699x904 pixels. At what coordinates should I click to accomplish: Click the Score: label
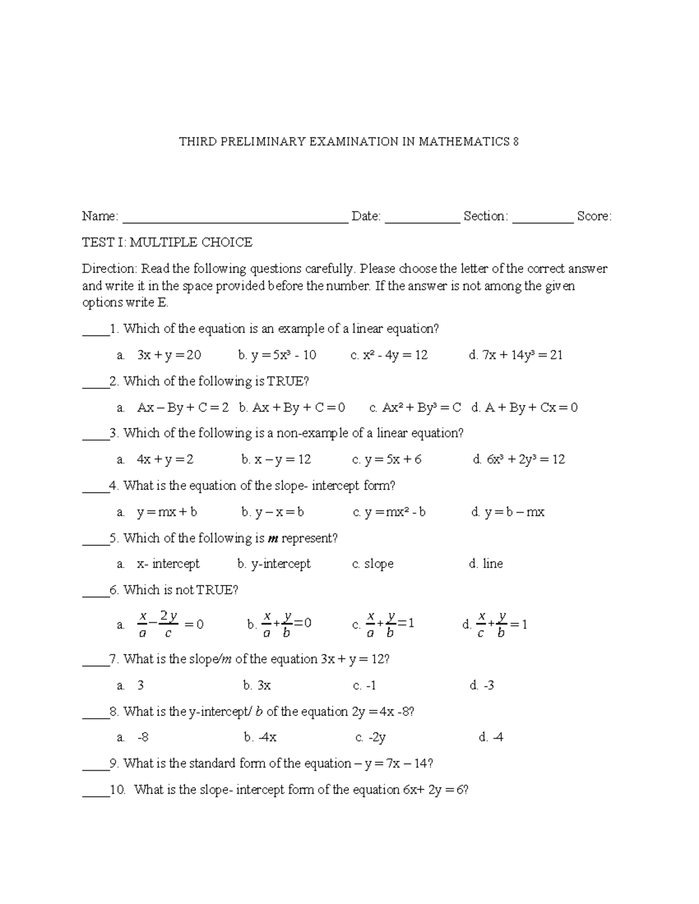click(x=594, y=217)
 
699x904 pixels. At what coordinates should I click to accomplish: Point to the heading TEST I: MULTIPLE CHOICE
click(x=167, y=242)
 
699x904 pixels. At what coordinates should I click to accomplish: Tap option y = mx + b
click(x=167, y=512)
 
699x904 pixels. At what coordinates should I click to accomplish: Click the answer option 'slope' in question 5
click(x=379, y=563)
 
